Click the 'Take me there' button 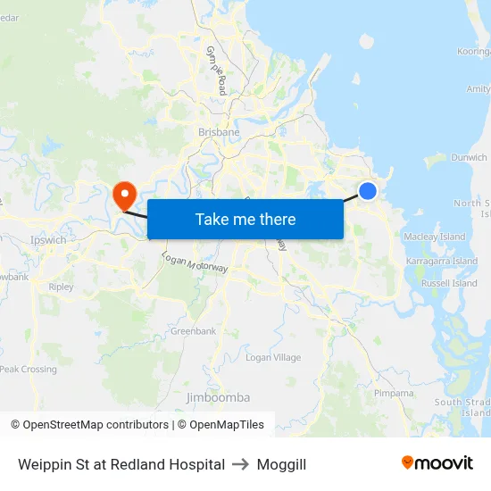[x=245, y=219]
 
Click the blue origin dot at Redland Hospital [x=367, y=190]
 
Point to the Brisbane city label [x=219, y=132]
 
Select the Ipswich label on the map [x=48, y=240]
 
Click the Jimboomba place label [x=218, y=397]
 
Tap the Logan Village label [x=273, y=358]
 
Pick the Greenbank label [x=193, y=331]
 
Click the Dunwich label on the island [x=469, y=158]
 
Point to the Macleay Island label [x=435, y=237]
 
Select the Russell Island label [x=449, y=284]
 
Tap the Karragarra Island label [x=443, y=262]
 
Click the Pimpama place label [x=394, y=393]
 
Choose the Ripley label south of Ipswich [x=62, y=287]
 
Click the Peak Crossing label [x=29, y=370]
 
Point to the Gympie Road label [x=217, y=71]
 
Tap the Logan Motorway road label [x=195, y=262]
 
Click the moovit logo [x=437, y=463]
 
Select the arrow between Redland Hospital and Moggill [x=241, y=464]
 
